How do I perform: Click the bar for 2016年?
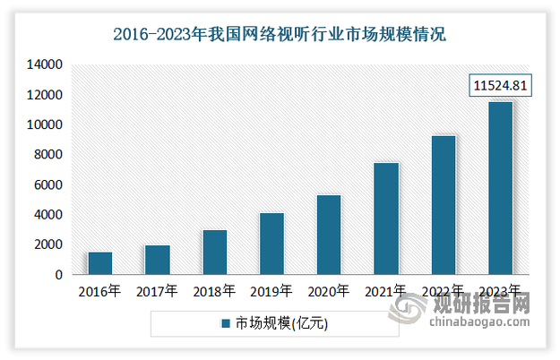pos(99,263)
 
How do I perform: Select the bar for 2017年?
pos(157,260)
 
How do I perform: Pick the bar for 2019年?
pos(271,244)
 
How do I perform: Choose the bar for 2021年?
pos(386,219)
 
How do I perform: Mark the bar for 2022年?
pos(444,205)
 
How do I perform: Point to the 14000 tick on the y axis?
pos(42,64)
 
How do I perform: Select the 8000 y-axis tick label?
pos(46,155)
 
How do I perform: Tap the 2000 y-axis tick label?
pos(46,244)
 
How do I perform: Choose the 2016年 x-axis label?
pos(99,292)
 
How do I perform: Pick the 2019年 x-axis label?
pos(271,292)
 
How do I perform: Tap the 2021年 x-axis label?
pos(386,292)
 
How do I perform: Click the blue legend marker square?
pos(226,324)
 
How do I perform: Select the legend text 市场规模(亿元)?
pos(281,324)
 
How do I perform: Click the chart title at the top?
pos(280,36)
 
